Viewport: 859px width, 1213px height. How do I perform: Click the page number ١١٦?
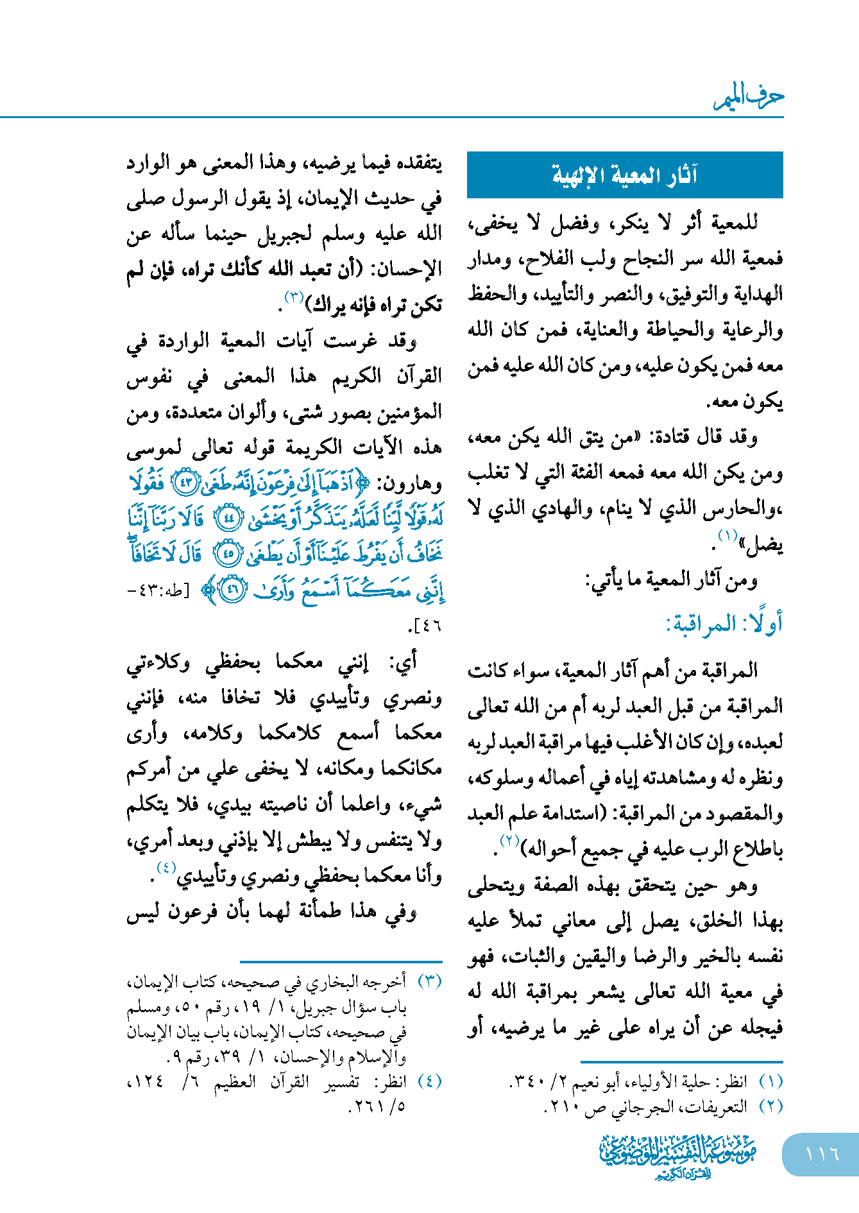[822, 1154]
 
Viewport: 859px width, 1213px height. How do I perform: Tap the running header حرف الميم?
[749, 97]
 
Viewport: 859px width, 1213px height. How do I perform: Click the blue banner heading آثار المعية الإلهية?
[625, 175]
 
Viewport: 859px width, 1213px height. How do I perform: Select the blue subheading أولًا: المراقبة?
[724, 623]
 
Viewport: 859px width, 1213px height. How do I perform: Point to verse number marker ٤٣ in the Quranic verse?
[187, 484]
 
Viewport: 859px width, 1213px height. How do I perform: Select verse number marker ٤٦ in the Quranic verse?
[232, 590]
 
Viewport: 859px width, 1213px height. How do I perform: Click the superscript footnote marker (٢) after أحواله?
[509, 841]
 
